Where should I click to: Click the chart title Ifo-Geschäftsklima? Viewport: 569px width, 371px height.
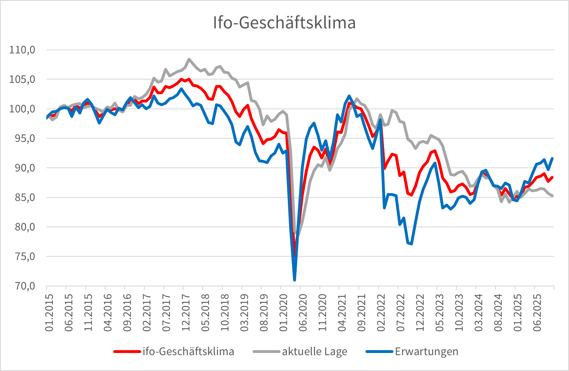(x=284, y=23)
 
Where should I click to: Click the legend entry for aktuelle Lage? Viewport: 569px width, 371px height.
(x=314, y=351)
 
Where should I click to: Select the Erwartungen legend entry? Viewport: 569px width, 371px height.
(x=426, y=351)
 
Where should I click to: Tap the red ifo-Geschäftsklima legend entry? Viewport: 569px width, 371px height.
(x=188, y=351)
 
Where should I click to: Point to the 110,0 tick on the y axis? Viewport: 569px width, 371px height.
(x=22, y=50)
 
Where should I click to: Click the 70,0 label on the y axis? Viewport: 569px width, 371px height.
(x=22, y=286)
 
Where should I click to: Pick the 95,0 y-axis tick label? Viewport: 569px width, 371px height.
(x=22, y=138)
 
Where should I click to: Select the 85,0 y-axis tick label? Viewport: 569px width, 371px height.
(x=22, y=198)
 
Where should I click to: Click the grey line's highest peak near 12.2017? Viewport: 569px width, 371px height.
(x=189, y=59)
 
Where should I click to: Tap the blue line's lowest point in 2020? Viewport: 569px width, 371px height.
(x=295, y=280)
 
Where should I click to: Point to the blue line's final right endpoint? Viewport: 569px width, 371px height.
(x=552, y=158)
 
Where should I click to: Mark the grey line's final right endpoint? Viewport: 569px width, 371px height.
(x=552, y=196)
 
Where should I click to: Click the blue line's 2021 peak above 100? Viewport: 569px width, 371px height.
(x=349, y=96)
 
